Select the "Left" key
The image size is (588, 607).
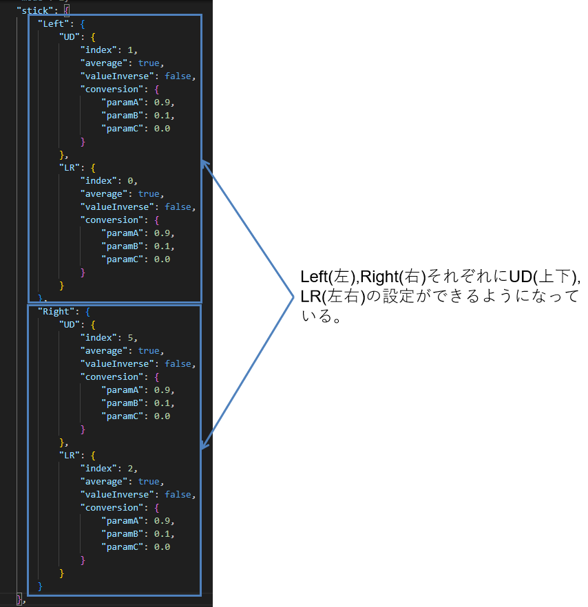[x=53, y=23]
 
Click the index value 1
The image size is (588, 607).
[x=131, y=50]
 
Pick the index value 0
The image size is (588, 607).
[x=131, y=181]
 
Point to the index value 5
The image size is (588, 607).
[x=131, y=338]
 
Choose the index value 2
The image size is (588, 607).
[x=131, y=469]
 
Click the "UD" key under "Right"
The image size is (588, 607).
[x=69, y=324]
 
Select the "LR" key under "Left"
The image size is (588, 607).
[x=69, y=168]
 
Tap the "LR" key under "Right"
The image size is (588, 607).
[x=69, y=456]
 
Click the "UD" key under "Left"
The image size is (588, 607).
[x=69, y=36]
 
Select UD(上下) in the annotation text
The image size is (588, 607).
[x=543, y=277]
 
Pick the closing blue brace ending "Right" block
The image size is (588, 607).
[x=40, y=586]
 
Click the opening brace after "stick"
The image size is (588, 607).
[x=67, y=10]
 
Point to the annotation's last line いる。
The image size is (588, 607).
[x=321, y=317]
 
